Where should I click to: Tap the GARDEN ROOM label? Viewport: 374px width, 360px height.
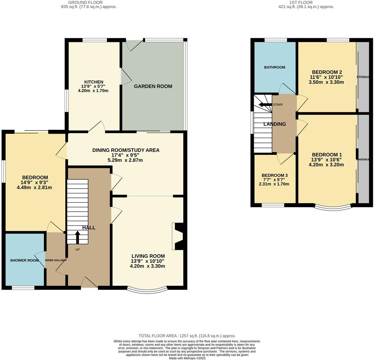(153, 86)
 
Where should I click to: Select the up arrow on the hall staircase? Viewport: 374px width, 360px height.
(77, 237)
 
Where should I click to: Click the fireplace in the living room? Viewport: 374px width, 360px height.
(179, 236)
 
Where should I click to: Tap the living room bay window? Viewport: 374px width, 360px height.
(147, 290)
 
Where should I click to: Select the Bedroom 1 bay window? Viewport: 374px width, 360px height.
(333, 207)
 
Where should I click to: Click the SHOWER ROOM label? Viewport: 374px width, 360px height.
(24, 260)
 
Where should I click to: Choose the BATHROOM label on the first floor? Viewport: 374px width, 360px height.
(274, 67)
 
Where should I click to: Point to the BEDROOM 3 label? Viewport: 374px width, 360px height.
(274, 175)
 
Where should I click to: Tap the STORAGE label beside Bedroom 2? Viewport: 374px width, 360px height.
(364, 77)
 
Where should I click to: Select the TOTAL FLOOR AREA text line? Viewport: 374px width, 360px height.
(187, 336)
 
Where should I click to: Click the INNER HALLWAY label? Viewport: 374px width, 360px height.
(55, 260)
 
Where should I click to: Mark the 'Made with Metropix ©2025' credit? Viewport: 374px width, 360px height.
(187, 358)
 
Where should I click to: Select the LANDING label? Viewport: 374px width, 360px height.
(274, 124)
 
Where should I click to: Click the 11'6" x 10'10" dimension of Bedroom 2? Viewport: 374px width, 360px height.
(326, 77)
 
